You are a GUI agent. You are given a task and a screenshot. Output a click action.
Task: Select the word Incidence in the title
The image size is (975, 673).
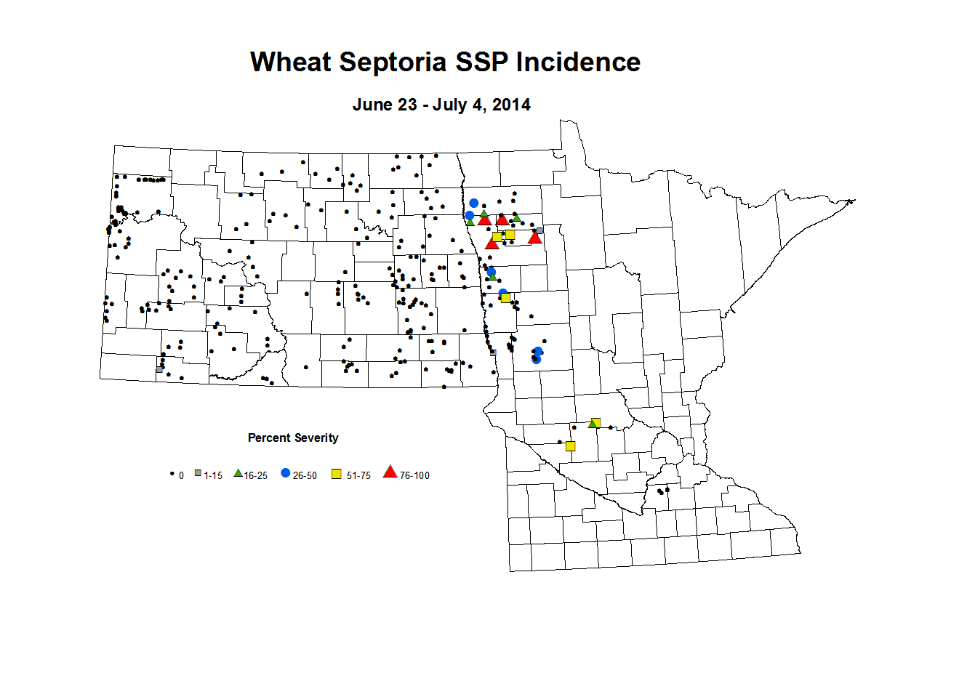578,63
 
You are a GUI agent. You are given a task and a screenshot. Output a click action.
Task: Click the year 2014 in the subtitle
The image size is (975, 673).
511,105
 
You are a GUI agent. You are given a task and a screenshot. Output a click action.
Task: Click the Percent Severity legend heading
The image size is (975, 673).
293,438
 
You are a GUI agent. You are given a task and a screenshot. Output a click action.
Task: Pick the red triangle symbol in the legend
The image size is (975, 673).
390,472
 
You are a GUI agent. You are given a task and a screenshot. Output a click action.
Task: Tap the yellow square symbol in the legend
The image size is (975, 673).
337,474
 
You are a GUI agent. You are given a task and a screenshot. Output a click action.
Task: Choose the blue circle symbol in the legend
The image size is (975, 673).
286,473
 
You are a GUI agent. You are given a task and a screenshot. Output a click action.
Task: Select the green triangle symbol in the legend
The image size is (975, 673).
238,473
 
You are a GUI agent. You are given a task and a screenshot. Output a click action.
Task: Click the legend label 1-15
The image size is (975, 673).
213,475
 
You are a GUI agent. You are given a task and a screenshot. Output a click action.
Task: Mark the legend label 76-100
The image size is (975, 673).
414,475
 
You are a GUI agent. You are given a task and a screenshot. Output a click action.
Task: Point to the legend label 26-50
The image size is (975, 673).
305,475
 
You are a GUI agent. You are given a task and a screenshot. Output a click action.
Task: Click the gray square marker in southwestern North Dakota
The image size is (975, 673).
159,369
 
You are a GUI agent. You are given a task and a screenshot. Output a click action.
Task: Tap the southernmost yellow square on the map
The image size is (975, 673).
571,446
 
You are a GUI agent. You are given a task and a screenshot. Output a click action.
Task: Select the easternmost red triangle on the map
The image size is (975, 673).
535,237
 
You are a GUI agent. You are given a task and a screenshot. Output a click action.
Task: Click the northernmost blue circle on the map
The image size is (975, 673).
474,203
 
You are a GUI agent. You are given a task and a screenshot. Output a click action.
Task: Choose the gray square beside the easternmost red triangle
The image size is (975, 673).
539,230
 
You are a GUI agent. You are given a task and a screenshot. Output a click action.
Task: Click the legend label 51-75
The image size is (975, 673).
358,475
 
